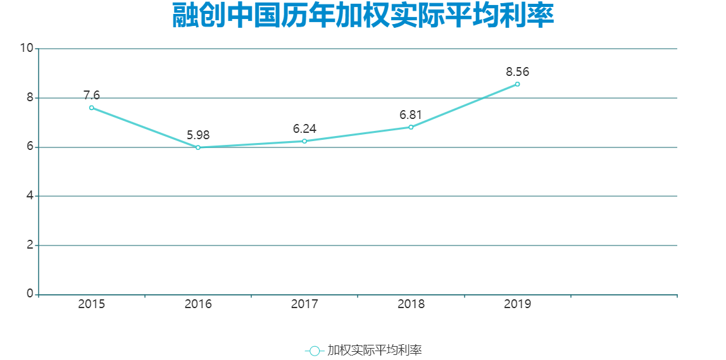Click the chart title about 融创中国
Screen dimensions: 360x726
coord(363,16)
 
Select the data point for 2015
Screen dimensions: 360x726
coord(92,108)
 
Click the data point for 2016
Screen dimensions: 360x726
coord(198,147)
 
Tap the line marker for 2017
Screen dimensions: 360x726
coord(304,141)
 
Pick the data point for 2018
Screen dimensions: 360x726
coord(411,127)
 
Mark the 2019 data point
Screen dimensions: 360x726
coord(517,84)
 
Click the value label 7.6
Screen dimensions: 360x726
coord(92,96)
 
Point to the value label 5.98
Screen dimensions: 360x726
coord(198,135)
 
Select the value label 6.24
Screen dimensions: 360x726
coord(304,129)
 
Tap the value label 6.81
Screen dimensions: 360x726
coord(411,115)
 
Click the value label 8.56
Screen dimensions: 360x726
coord(517,72)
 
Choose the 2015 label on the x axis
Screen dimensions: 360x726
coord(92,304)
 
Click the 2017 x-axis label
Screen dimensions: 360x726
coord(304,304)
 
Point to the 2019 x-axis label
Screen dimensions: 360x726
coord(517,304)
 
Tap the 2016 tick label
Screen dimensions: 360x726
coord(198,304)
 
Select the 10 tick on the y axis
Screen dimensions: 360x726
coord(27,49)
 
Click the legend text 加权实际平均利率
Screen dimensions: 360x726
coord(375,351)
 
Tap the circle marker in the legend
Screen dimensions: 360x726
coord(315,351)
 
